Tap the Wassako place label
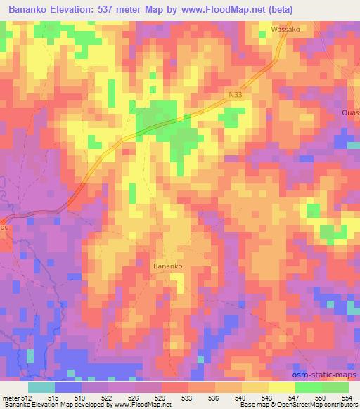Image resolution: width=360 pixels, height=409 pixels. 286,30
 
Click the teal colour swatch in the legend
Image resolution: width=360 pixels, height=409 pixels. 41,387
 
